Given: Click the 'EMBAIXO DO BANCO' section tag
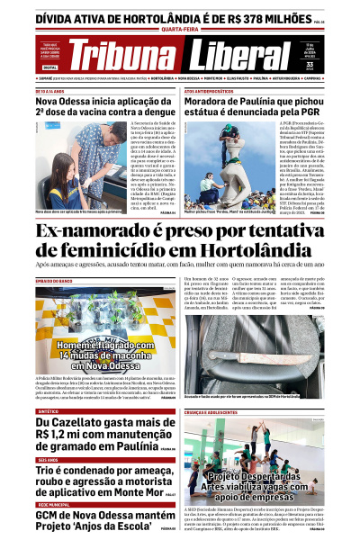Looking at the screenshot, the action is coord(54,282).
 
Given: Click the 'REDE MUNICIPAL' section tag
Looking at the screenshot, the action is coord(53,505).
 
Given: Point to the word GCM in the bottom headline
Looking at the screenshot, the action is coord(52,517).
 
